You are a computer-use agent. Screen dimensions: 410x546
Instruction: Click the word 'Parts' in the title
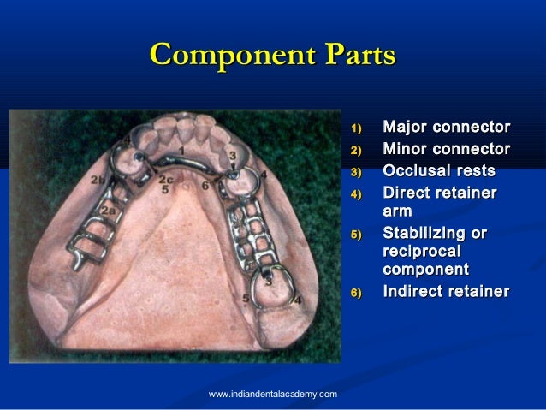(354, 56)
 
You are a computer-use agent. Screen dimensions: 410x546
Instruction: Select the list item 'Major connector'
(446, 128)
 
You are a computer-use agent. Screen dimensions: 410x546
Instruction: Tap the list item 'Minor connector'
(446, 150)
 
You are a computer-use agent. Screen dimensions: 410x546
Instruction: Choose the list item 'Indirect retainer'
(445, 293)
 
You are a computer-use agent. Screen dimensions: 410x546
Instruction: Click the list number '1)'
(357, 130)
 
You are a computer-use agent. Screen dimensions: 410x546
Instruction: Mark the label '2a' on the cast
(108, 209)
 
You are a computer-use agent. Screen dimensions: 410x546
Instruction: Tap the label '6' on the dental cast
(205, 184)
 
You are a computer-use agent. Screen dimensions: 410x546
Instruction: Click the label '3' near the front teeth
(231, 154)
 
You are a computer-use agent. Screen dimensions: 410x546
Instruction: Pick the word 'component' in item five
(425, 271)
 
